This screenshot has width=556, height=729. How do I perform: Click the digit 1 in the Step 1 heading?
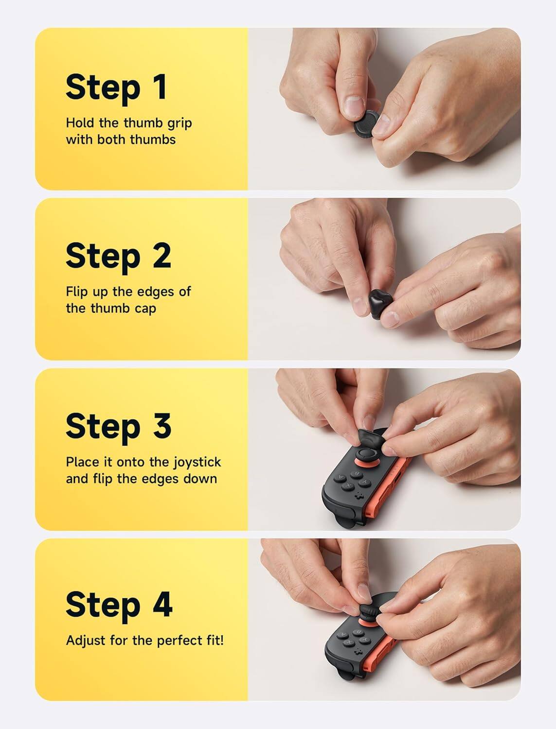[159, 87]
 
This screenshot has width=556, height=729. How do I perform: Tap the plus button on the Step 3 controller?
[360, 496]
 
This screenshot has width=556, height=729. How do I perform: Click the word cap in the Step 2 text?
[145, 309]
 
